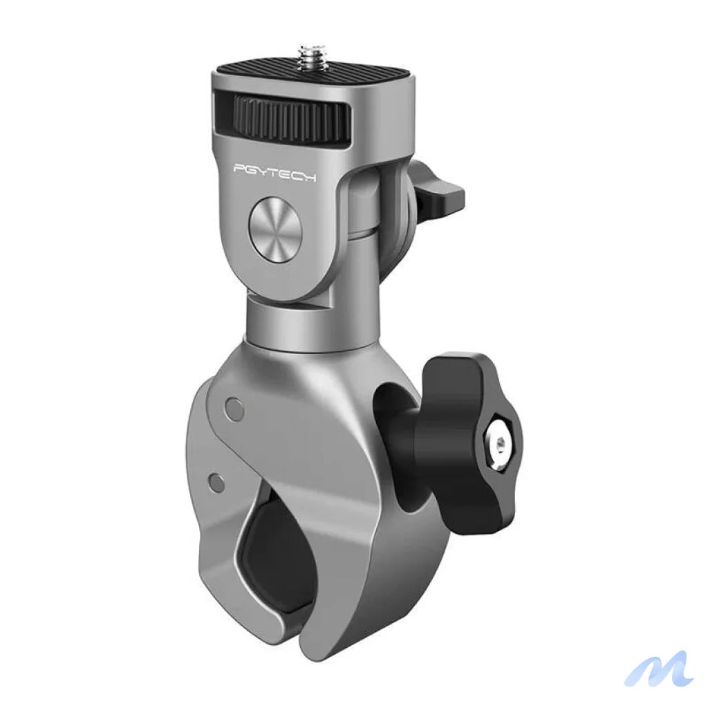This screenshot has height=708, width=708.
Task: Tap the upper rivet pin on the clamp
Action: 235,409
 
